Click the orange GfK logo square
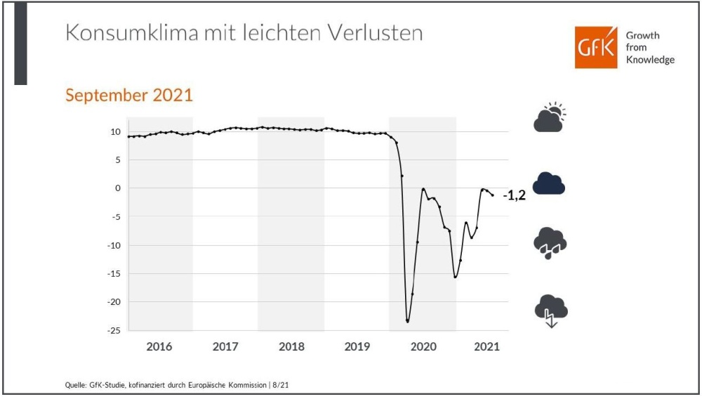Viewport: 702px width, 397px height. (x=596, y=48)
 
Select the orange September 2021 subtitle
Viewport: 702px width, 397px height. (x=129, y=96)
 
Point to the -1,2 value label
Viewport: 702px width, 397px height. (x=514, y=196)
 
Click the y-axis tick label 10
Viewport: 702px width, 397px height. (x=115, y=132)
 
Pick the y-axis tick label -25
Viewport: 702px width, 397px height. (x=112, y=330)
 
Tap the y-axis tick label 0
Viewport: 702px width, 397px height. (x=118, y=188)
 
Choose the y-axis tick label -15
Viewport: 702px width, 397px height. (x=112, y=273)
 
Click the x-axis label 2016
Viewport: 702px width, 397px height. (x=159, y=346)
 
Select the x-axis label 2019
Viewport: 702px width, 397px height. (x=357, y=346)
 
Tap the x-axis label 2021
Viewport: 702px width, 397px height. (x=486, y=346)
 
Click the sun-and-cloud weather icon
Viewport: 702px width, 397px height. (x=550, y=118)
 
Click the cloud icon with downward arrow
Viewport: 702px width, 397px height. (x=550, y=309)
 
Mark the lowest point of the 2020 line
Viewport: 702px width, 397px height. (x=407, y=321)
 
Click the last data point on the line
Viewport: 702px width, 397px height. (x=493, y=195)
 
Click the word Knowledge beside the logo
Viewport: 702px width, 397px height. (x=650, y=60)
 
